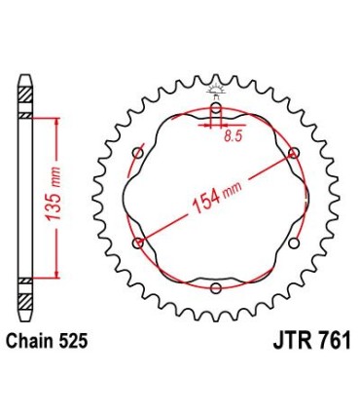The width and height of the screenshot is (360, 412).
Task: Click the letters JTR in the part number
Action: [x=285, y=342]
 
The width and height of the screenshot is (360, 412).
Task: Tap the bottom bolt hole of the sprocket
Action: [x=216, y=287]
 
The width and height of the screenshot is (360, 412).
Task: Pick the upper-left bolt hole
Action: [x=138, y=153]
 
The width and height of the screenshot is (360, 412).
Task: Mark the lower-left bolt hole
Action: [x=138, y=243]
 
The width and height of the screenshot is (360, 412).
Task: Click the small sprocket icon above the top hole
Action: [x=216, y=93]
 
